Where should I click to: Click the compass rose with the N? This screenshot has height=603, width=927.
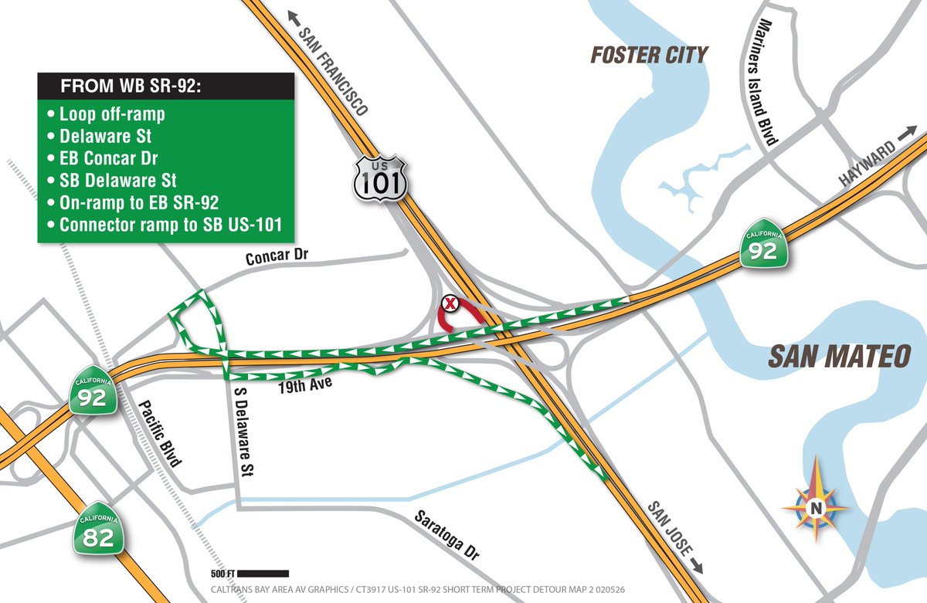tap(815, 506)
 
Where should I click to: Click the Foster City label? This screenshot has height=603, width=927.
tap(649, 56)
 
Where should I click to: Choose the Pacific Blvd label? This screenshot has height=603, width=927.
tap(160, 434)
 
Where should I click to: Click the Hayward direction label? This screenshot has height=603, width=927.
tap(868, 163)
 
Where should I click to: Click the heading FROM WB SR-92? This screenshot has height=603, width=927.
tap(131, 86)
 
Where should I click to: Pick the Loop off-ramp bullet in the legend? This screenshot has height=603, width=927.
tap(111, 114)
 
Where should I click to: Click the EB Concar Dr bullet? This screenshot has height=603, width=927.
tap(111, 159)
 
